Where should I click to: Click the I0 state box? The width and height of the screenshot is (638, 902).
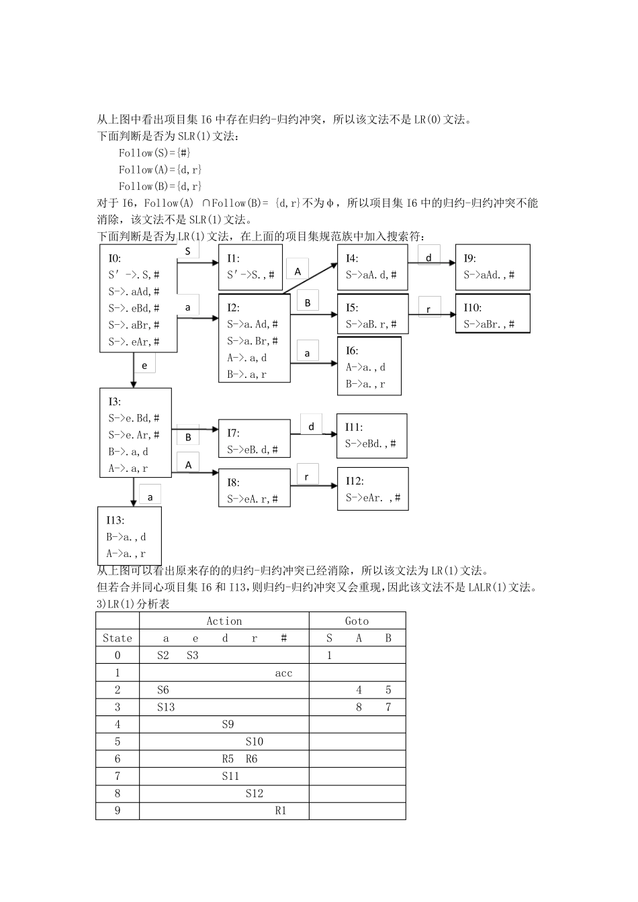tap(138, 298)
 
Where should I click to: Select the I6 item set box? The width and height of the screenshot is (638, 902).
tap(369, 366)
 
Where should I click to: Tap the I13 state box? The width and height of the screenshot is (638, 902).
tap(129, 536)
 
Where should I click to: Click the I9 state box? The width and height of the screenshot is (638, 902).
tap(492, 267)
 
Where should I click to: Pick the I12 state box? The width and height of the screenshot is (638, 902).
tap(372, 489)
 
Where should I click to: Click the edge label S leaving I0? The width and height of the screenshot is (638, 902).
tap(188, 252)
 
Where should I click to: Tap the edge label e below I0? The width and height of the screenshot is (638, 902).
tap(144, 366)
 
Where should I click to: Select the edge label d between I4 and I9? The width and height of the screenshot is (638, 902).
tap(428, 258)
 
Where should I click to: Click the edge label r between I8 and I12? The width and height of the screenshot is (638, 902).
tap(307, 477)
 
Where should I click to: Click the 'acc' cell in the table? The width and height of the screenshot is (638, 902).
tap(283, 673)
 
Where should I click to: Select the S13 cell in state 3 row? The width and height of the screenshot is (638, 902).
tap(165, 707)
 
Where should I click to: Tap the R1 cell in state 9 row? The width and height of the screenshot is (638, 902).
tap(281, 811)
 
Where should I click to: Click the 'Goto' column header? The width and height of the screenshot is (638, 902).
tap(357, 621)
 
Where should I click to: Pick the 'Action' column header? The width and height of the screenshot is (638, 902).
tap(224, 621)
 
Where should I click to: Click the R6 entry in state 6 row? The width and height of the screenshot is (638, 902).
tap(251, 759)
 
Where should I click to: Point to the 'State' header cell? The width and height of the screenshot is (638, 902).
tap(118, 638)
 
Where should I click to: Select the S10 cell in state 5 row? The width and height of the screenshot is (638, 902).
tap(255, 742)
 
